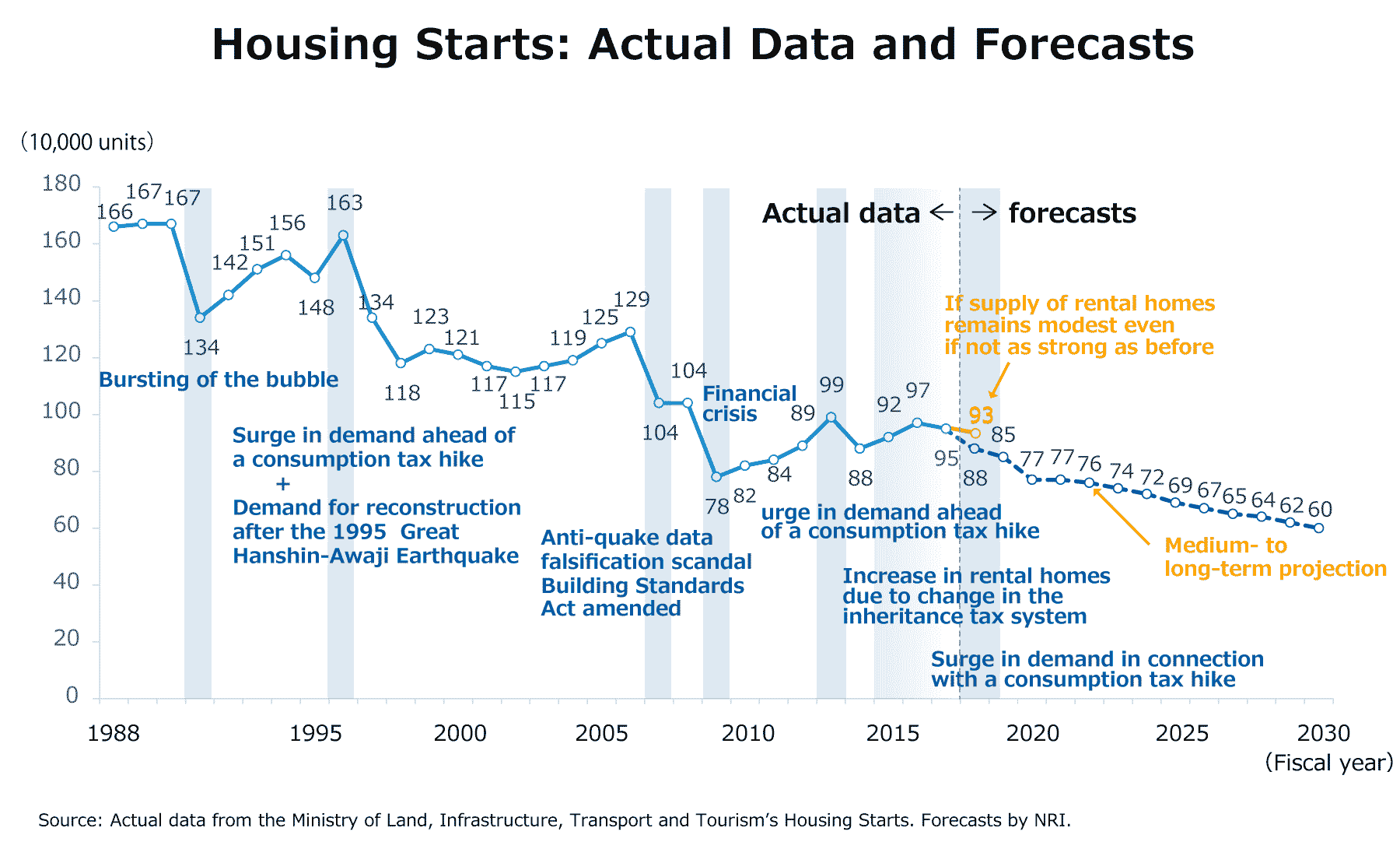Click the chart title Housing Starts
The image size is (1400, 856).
(x=702, y=44)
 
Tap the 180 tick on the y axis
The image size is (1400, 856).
(x=61, y=184)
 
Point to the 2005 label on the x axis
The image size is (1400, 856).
(x=601, y=733)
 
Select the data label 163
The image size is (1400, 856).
(x=345, y=203)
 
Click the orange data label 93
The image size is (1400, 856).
(x=981, y=416)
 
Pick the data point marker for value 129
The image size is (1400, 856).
(x=630, y=332)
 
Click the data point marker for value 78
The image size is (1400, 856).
(x=716, y=476)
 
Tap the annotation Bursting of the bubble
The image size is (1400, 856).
(x=219, y=380)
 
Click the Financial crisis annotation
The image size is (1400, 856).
(x=748, y=404)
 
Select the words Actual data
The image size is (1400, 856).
(x=841, y=213)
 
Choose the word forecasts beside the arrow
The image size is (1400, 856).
(x=1072, y=213)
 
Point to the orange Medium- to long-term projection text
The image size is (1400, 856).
(x=1274, y=557)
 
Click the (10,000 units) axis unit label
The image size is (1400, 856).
(x=87, y=142)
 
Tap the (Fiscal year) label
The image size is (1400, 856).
(x=1328, y=763)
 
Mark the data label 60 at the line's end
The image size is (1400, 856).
(x=1320, y=510)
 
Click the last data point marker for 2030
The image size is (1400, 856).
(x=1319, y=528)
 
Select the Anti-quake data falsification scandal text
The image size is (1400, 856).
(x=646, y=549)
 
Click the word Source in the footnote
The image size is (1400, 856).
(x=68, y=820)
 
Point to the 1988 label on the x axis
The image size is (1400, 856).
(x=114, y=733)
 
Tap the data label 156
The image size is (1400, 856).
(x=287, y=223)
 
